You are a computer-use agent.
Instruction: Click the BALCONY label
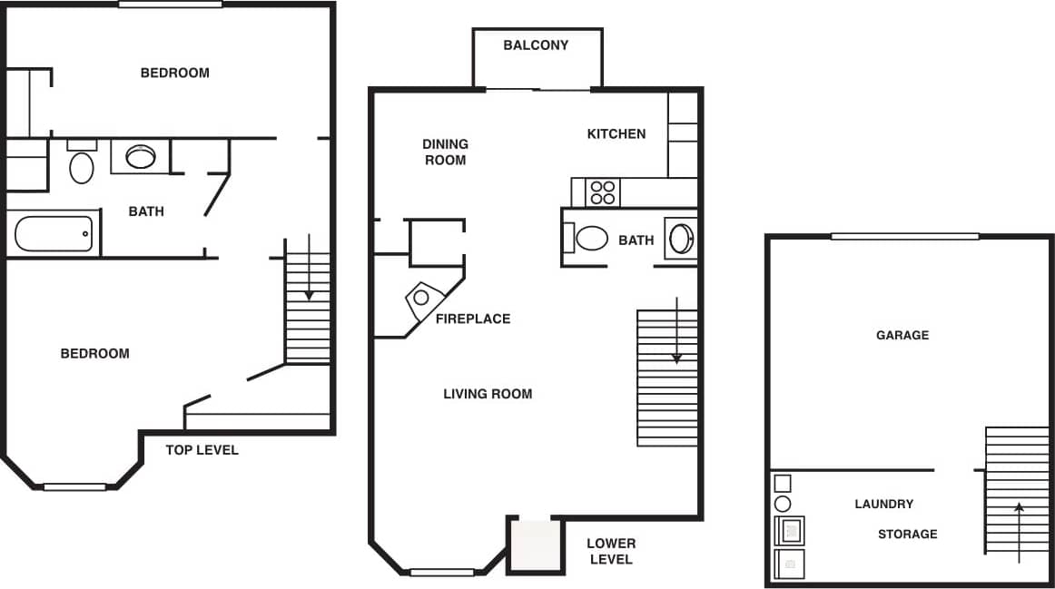[536, 44]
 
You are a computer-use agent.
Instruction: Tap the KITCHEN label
[616, 133]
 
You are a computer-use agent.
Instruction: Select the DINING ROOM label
[445, 152]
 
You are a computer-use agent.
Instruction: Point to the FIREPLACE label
[472, 319]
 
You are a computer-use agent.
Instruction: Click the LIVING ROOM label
[488, 394]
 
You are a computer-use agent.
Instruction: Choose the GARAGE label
[902, 335]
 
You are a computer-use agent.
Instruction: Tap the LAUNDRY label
[883, 504]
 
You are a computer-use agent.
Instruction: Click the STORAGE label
[907, 534]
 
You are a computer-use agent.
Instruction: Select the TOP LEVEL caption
[202, 450]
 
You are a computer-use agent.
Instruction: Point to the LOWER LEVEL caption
[611, 551]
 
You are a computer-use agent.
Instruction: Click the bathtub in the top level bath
[54, 233]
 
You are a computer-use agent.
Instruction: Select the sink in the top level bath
[140, 157]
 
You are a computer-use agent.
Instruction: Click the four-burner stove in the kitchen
[603, 192]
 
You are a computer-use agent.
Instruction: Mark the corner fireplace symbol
[422, 298]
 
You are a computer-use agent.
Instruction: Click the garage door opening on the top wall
[904, 237]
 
